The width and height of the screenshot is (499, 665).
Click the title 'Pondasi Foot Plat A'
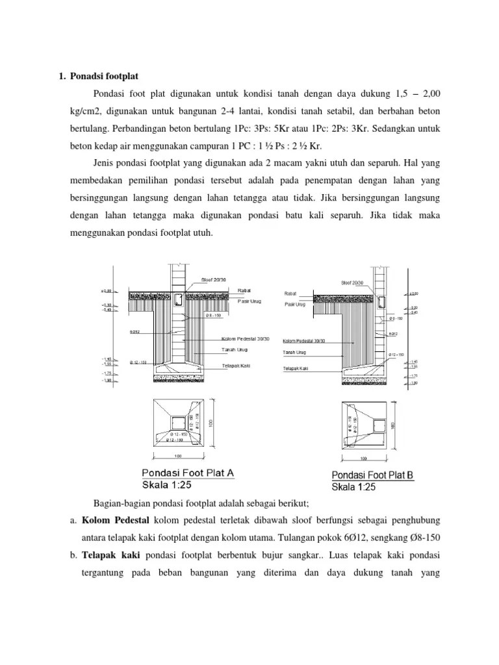point(188,473)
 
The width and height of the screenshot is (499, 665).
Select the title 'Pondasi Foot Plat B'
point(372,475)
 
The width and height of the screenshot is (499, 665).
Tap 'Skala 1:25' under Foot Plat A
point(166,484)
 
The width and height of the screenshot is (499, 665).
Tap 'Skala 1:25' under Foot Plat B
point(353,486)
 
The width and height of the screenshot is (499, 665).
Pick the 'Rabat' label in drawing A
point(227,290)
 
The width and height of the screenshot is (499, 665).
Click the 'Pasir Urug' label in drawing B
point(294,304)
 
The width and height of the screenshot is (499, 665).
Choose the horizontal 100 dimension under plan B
point(365,458)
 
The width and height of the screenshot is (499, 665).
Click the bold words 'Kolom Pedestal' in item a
point(116,520)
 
